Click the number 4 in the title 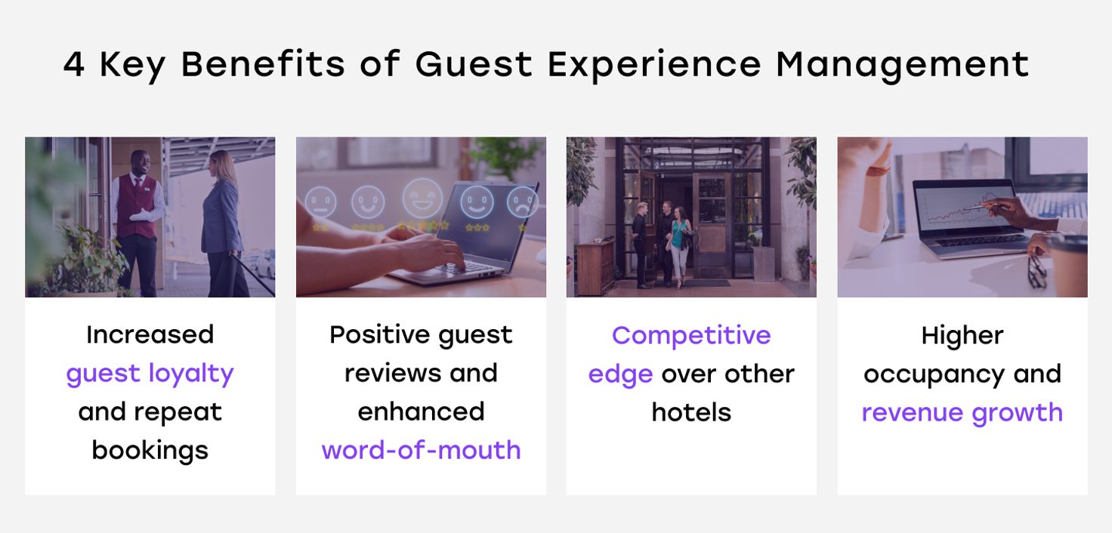pos(74,64)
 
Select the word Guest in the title pos(474,64)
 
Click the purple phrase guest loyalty pos(150,374)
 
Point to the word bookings pos(150,450)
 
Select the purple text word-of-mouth pos(421,450)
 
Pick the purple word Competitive pos(691,335)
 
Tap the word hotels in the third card pos(691,412)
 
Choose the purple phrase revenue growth pos(962,413)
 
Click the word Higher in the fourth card pos(962,335)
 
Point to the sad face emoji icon pos(522,202)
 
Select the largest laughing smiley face pos(422,198)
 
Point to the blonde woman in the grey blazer pos(224,223)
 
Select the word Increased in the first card pos(150,334)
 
